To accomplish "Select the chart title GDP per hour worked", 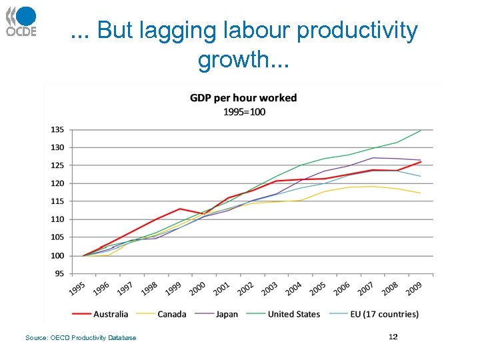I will click(x=243, y=98).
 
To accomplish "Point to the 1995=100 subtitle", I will click(x=243, y=111).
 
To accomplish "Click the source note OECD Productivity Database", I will click(x=81, y=338).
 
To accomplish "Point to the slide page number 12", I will click(x=393, y=337).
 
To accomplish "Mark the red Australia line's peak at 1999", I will click(x=180, y=209).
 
